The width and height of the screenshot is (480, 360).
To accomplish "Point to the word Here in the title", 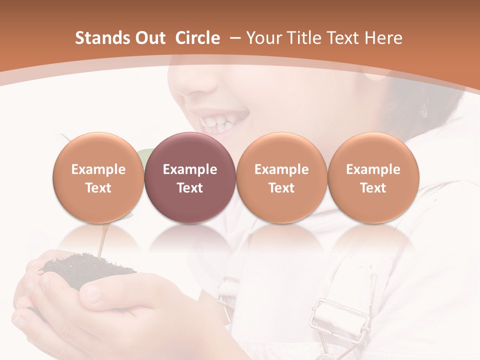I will (x=383, y=38).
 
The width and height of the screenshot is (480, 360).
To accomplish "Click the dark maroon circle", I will (x=190, y=177).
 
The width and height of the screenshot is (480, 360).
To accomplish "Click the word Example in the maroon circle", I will (x=190, y=169).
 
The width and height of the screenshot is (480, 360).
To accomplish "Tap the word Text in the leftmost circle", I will (x=98, y=188).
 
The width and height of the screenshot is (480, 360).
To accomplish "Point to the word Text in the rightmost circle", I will (x=373, y=188).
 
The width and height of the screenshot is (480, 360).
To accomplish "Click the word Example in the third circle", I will (x=281, y=169).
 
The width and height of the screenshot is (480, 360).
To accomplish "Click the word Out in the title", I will (x=150, y=38).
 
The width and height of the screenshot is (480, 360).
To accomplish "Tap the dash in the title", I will (x=235, y=38).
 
